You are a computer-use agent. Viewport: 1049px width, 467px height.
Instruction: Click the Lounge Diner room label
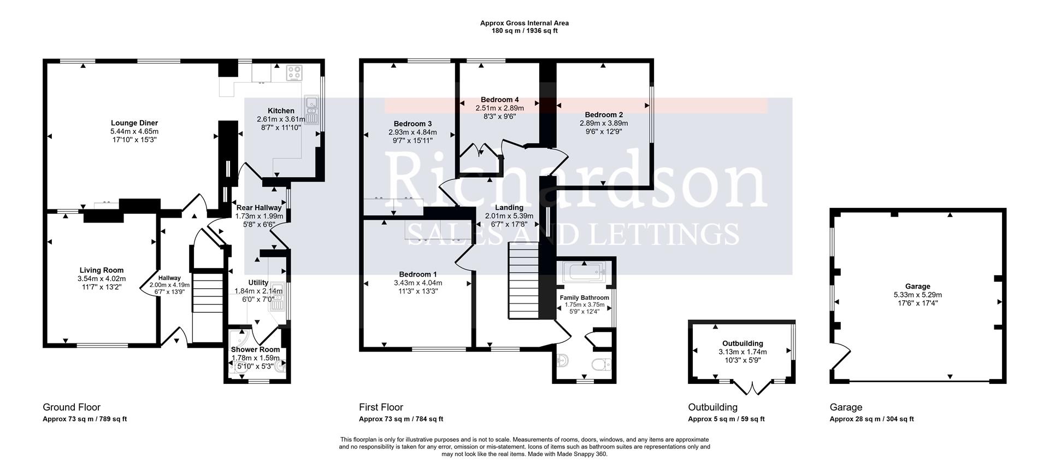pyautogui.click(x=134, y=123)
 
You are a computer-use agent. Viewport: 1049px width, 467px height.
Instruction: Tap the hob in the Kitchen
pyautogui.click(x=294, y=72)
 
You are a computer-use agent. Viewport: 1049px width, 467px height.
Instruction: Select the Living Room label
pyautogui.click(x=102, y=270)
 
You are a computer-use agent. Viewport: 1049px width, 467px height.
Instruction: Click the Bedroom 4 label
pyautogui.click(x=499, y=100)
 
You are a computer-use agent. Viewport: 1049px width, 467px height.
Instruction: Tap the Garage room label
pyautogui.click(x=917, y=286)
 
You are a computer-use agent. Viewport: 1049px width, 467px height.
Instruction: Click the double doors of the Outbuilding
pyautogui.click(x=752, y=388)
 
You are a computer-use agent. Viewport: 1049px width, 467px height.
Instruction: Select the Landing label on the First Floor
pyautogui.click(x=509, y=207)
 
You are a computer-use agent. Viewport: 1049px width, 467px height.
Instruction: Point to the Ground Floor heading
pyautogui.click(x=72, y=407)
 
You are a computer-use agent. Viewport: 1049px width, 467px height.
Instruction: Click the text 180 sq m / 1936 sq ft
pyautogui.click(x=524, y=31)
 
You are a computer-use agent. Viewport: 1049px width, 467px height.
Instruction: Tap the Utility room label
pyautogui.click(x=258, y=282)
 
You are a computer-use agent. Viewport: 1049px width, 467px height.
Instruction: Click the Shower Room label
pyautogui.click(x=255, y=349)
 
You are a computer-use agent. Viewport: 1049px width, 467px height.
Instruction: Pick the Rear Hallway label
pyautogui.click(x=259, y=208)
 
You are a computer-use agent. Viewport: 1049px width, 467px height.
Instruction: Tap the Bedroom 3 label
pyautogui.click(x=412, y=124)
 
